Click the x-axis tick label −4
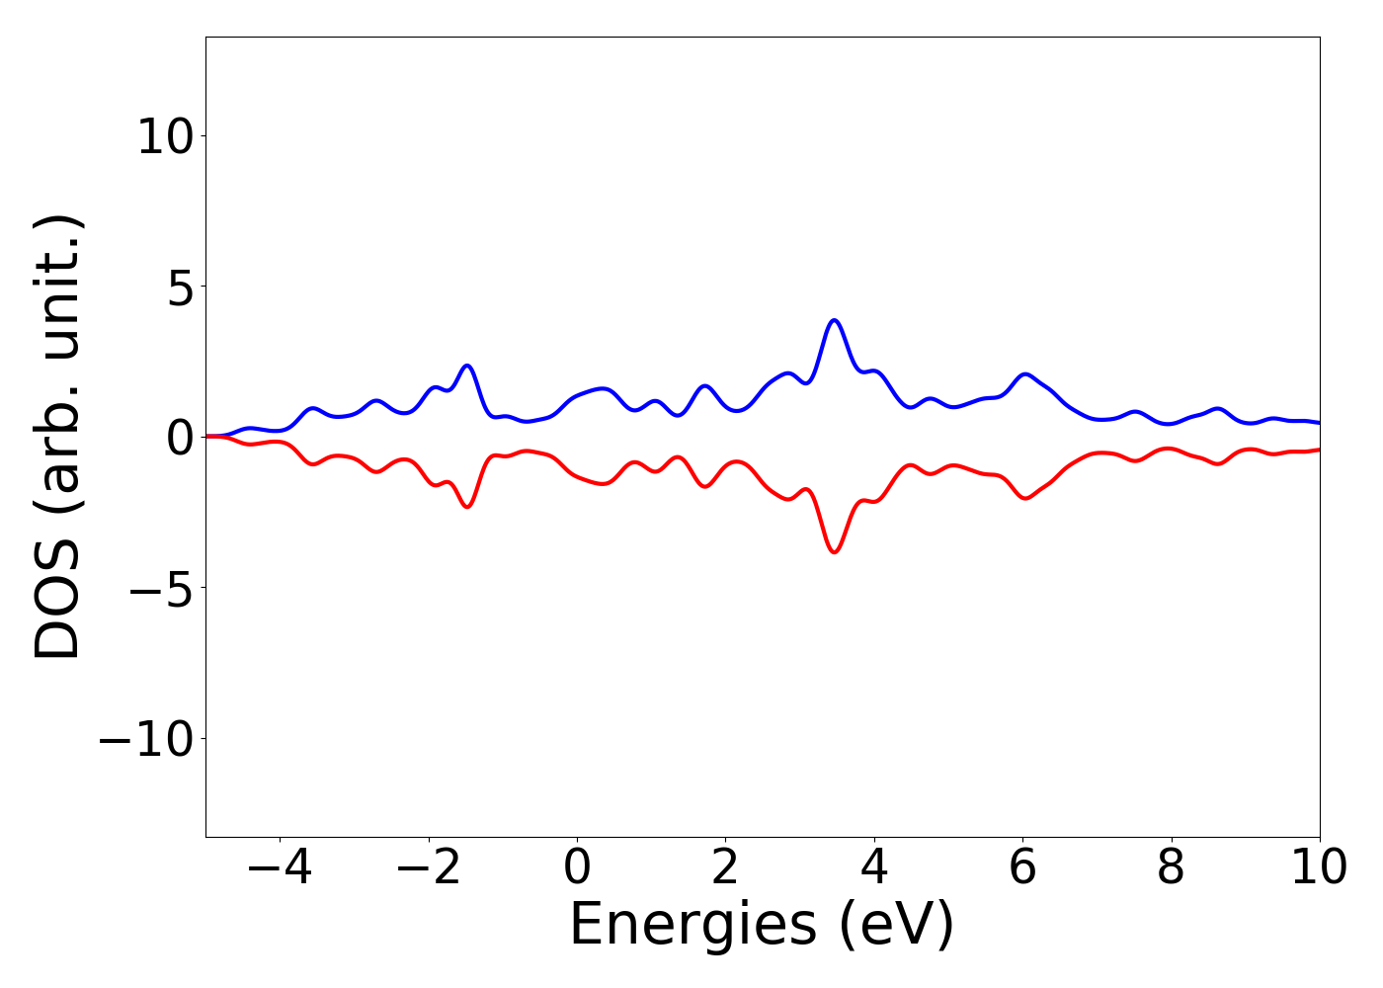269,868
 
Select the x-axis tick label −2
417,868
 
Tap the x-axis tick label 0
577,868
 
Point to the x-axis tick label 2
725,868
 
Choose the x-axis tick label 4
874,868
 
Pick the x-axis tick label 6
1022,868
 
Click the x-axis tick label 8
1171,868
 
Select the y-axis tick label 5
178,287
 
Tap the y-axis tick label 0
178,437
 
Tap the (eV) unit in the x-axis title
896,926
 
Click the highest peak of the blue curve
835,320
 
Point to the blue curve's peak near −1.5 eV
467,366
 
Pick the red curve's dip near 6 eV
1025,498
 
